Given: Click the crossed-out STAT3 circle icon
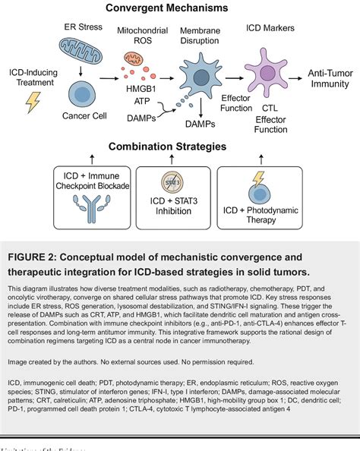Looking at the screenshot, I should [x=179, y=181].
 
